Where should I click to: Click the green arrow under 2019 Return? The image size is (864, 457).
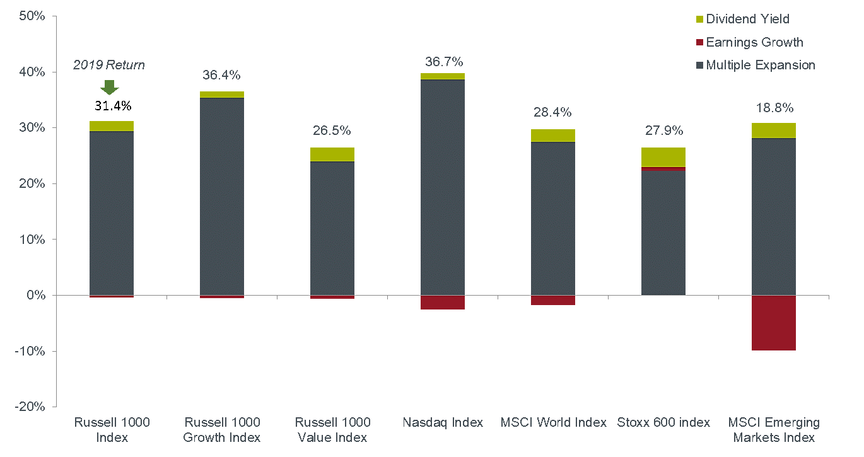[110, 87]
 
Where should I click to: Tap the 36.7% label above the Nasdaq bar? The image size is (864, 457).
[444, 62]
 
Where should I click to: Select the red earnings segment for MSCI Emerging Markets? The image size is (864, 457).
[774, 323]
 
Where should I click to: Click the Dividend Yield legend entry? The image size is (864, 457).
[747, 19]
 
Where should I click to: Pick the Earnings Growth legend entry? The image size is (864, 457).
[754, 42]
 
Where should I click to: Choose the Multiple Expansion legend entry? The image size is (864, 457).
[760, 65]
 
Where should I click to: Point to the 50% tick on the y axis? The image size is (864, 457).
[32, 16]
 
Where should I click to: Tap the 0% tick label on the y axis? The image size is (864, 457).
[35, 295]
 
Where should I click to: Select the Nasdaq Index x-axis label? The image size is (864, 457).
[443, 422]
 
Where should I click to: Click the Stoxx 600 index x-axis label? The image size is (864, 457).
[663, 422]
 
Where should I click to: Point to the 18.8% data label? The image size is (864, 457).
[774, 108]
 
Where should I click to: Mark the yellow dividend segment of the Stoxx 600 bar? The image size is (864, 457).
[663, 157]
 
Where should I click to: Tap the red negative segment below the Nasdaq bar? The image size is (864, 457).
[443, 303]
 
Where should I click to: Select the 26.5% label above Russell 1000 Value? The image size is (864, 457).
[332, 130]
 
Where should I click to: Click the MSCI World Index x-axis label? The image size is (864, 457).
[553, 422]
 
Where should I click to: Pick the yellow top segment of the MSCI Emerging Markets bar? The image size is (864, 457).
[774, 130]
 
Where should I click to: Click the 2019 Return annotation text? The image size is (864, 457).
[109, 65]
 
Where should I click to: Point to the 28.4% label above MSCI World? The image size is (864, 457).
[552, 112]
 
